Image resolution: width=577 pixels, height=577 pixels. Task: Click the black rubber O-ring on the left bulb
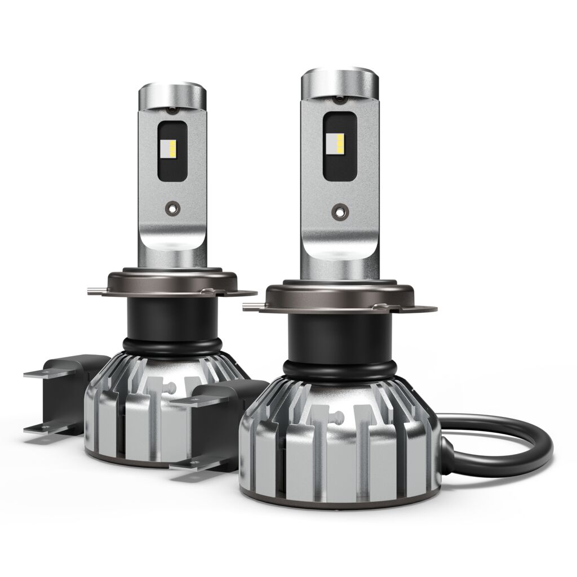(x=169, y=344)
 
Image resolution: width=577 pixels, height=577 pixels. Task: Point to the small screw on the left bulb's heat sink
(x=168, y=387)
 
